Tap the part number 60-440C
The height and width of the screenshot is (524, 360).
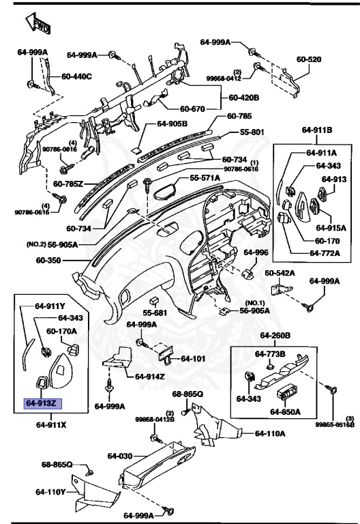pyautogui.click(x=77, y=76)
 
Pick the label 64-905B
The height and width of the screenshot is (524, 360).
pyautogui.click(x=172, y=123)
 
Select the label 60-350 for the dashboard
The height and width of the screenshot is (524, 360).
pyautogui.click(x=50, y=261)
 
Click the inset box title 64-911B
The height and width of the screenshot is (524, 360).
pyautogui.click(x=318, y=130)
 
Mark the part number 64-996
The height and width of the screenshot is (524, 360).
pyautogui.click(x=256, y=252)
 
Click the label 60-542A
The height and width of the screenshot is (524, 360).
pyautogui.click(x=280, y=273)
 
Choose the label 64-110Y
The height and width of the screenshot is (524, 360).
pyautogui.click(x=51, y=491)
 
